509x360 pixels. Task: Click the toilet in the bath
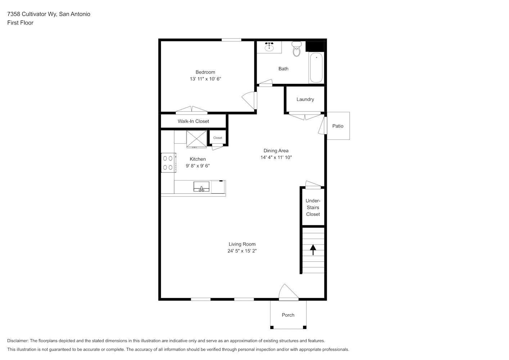point(297,49)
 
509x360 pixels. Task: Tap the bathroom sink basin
point(269,47)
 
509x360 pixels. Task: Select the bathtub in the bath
point(316,68)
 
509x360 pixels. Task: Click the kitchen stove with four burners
point(168,163)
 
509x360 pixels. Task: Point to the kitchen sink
point(201,186)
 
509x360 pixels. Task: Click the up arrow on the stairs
point(313,250)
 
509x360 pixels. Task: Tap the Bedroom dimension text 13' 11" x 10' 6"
point(206,79)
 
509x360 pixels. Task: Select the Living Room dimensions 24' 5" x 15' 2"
point(242,251)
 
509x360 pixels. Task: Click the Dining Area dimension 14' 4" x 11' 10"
point(276,157)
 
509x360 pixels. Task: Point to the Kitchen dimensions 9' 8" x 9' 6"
point(198,166)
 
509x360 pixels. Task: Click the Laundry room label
point(305,99)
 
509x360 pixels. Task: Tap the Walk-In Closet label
point(193,121)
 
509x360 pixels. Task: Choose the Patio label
point(338,126)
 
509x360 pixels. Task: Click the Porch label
point(288,315)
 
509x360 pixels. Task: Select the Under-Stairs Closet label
point(313,207)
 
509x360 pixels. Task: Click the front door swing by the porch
point(288,292)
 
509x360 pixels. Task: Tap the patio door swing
point(323,125)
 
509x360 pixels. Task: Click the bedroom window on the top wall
point(231,40)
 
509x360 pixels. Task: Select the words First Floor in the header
point(20,23)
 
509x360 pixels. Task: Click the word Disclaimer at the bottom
point(18,341)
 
